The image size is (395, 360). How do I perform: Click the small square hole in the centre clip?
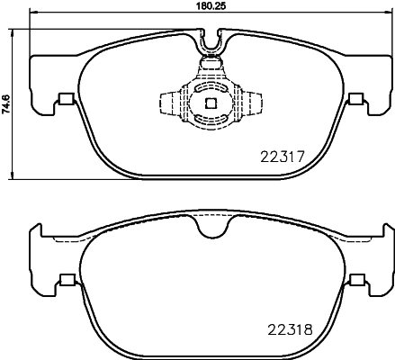pos(210,103)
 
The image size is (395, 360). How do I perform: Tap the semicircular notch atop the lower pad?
pos(212,232)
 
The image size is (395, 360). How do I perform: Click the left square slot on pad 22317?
pos(64,100)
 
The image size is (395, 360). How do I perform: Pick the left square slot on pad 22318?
pos(64,280)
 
